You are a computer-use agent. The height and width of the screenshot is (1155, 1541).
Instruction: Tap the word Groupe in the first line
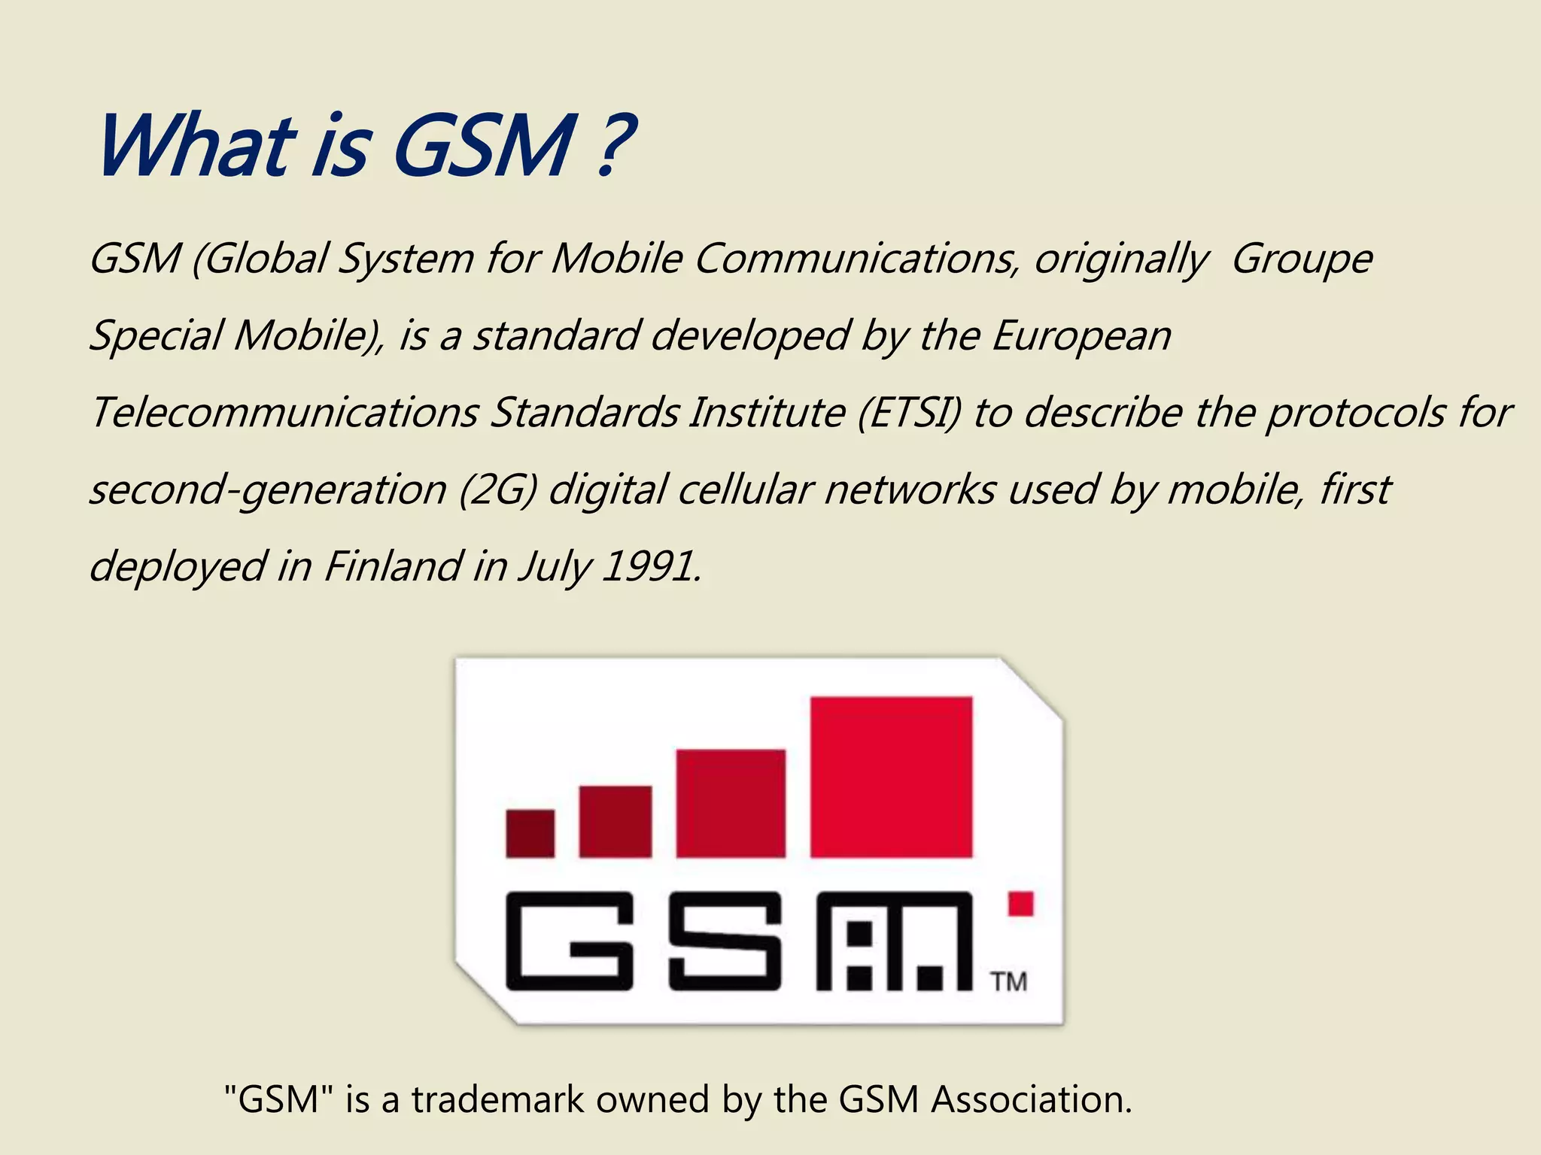click(x=1302, y=259)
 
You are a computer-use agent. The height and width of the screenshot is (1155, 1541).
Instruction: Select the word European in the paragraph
click(x=1081, y=336)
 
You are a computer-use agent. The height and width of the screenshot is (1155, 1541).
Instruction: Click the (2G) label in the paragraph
click(x=497, y=490)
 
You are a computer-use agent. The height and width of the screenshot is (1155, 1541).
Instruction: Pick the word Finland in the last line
click(x=392, y=566)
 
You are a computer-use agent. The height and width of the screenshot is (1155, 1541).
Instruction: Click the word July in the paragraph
click(x=555, y=568)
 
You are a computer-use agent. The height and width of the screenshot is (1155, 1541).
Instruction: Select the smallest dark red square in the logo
click(x=530, y=833)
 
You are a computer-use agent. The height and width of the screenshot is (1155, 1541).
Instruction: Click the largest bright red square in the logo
click(x=891, y=777)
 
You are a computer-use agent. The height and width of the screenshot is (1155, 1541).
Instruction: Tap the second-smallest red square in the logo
click(x=615, y=821)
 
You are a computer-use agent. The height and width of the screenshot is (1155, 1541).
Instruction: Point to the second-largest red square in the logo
click(x=731, y=803)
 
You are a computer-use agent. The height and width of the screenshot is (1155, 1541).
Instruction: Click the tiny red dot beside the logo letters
click(x=1020, y=903)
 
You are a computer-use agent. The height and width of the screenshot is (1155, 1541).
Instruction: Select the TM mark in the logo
click(x=1008, y=982)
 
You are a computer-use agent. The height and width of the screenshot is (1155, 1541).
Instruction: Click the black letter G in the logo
click(x=569, y=941)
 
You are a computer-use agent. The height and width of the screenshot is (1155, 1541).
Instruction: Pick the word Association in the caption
click(x=1032, y=1100)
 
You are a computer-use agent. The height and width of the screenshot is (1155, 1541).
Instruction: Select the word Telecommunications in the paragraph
click(x=284, y=413)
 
